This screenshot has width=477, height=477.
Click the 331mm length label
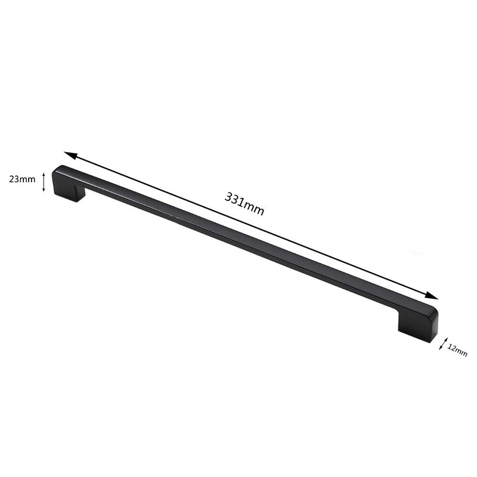coord(244,204)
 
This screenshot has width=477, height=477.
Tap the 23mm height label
coord(22,178)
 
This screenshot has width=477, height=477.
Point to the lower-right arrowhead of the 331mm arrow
coord(433,296)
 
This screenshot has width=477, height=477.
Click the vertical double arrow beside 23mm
coord(43,181)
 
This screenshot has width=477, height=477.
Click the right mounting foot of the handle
coord(417,330)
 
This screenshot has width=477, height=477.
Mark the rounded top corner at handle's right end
coord(432,311)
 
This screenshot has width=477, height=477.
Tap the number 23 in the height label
coord(13,178)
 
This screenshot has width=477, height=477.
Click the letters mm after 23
coord(27,178)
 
